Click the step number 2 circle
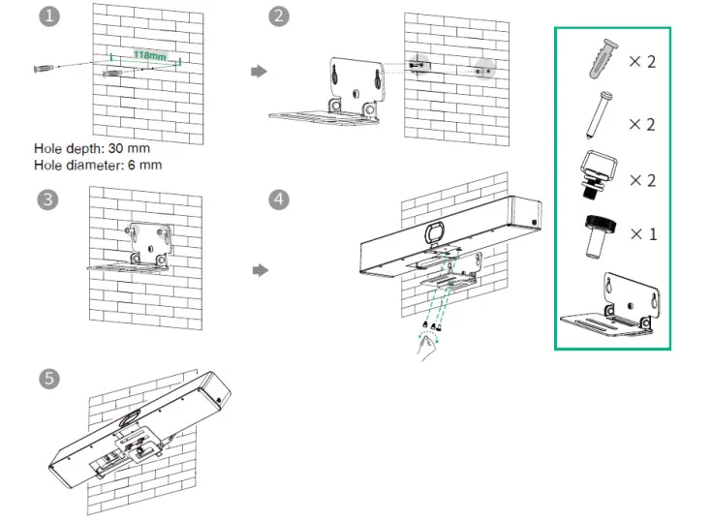coord(280,16)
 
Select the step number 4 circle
coord(280,199)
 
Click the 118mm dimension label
coord(147,56)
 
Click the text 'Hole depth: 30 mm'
coord(92,149)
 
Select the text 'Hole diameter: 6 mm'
coord(98,165)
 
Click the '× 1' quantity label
coord(641,234)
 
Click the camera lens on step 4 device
coord(433,232)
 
